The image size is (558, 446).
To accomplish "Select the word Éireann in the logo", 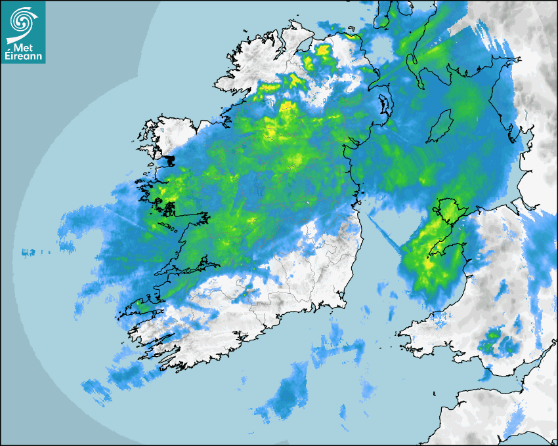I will (23, 56).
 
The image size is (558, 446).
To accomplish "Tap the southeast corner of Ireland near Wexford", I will (341, 302).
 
